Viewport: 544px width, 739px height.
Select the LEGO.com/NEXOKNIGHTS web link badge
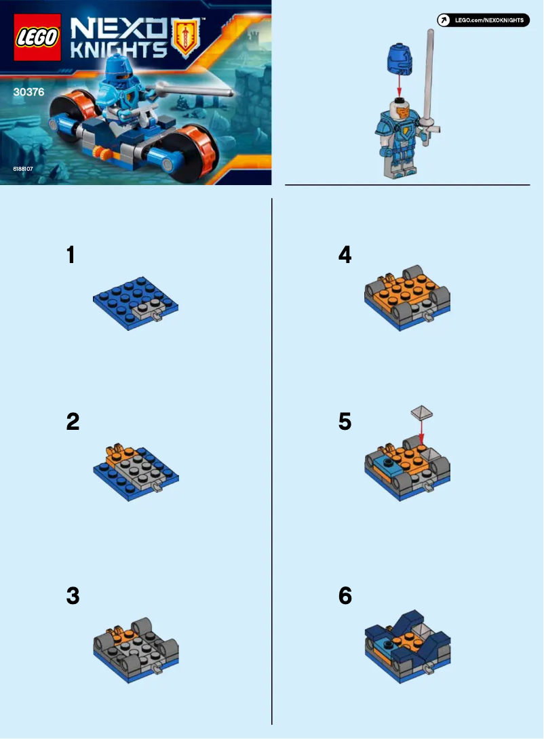pos(482,20)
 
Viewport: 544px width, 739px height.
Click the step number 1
pos(72,256)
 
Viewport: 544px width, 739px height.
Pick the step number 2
pos(73,422)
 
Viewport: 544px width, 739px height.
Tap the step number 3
pos(73,597)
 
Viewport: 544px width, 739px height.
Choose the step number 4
pos(345,256)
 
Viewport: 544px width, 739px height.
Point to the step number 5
pos(345,422)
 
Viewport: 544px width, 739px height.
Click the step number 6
pos(345,597)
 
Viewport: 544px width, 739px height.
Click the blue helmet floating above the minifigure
pos(399,57)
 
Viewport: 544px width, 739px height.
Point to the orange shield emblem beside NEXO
pos(184,38)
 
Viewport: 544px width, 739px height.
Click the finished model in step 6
pos(408,645)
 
